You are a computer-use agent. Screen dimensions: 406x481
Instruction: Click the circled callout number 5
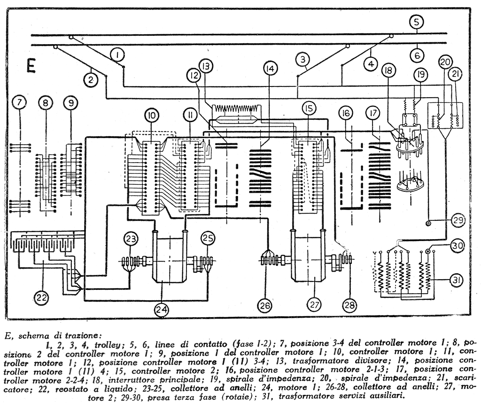point(416,22)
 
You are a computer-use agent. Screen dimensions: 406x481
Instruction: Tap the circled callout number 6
point(416,55)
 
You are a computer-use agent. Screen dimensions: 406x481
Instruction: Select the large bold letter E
point(31,66)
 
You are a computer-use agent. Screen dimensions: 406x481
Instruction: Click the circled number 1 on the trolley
point(117,56)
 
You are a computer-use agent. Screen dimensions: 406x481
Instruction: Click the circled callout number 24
point(162,309)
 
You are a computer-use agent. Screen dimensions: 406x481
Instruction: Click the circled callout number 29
point(457,220)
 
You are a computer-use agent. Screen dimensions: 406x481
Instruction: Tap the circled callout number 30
point(457,245)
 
